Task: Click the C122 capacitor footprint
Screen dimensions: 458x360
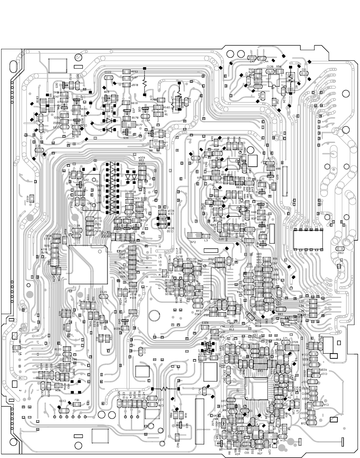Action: [x=108, y=76]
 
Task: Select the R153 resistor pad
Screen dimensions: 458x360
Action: [x=126, y=72]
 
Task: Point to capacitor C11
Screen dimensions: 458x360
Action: [x=304, y=73]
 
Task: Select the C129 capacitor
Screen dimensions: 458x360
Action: [x=103, y=296]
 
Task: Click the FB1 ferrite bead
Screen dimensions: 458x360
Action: [x=76, y=404]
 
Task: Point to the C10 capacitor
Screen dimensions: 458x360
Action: [x=140, y=351]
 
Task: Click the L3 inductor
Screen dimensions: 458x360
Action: [x=206, y=236]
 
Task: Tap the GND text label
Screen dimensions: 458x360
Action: [x=90, y=204]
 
